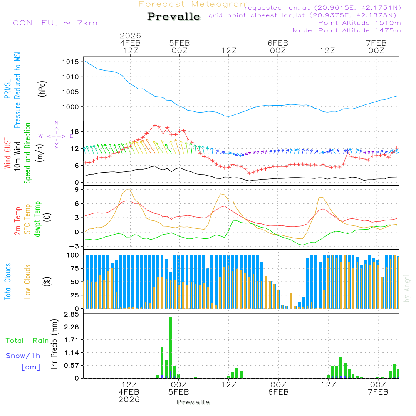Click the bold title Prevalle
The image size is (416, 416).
click(x=173, y=17)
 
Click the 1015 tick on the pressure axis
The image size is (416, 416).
click(x=70, y=62)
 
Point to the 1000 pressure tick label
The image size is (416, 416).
click(x=70, y=107)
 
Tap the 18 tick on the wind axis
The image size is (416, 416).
click(x=74, y=132)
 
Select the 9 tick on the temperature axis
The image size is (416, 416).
click(x=77, y=189)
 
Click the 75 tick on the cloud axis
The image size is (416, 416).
click(x=74, y=268)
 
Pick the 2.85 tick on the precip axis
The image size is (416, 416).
click(x=70, y=314)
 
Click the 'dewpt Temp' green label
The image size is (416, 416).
click(x=37, y=219)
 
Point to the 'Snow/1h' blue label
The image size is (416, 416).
click(x=23, y=356)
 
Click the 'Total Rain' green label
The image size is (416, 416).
click(x=27, y=340)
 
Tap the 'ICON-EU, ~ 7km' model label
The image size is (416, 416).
click(x=53, y=23)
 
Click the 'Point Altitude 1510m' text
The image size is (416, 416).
click(x=359, y=23)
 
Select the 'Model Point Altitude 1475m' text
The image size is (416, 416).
click(x=347, y=30)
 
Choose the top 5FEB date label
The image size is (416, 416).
click(x=179, y=43)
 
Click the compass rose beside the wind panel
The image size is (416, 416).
click(x=56, y=136)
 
